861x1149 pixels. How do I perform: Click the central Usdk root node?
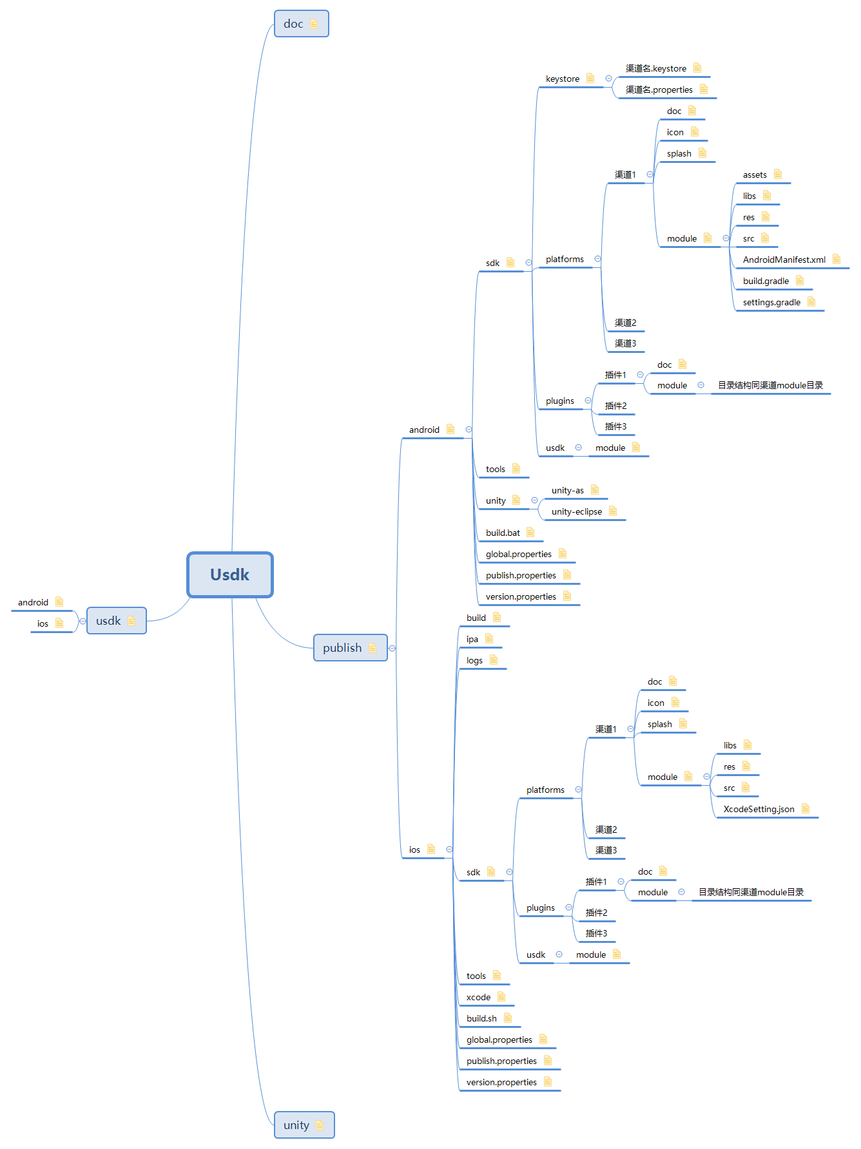tap(230, 574)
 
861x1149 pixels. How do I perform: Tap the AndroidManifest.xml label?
tap(784, 260)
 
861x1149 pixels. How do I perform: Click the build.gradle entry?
tap(766, 281)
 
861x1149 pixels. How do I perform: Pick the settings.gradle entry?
tap(771, 303)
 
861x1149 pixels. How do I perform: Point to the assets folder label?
tap(755, 175)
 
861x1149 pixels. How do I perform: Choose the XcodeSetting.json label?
tap(759, 810)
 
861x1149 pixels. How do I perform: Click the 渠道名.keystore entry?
tap(655, 69)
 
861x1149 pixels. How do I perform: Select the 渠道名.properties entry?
tap(659, 90)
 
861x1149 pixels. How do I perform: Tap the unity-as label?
tap(567, 491)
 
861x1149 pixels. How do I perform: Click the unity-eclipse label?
tap(576, 512)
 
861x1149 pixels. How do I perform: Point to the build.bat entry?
tap(503, 533)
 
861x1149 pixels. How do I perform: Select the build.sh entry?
tap(481, 1019)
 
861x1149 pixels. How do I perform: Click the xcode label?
tap(478, 998)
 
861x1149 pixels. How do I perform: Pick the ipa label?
tap(472, 640)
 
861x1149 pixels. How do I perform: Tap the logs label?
tap(474, 661)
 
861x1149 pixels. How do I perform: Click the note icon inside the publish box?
tap(372, 648)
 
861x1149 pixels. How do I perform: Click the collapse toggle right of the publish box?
tap(392, 648)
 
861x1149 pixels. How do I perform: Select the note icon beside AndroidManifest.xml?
tap(837, 260)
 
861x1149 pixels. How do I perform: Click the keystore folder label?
tap(562, 79)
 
